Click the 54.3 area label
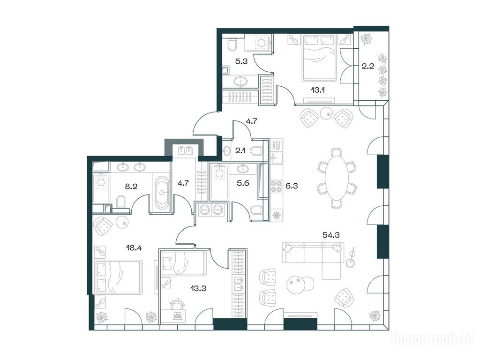click(x=331, y=235)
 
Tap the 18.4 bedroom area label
click(x=134, y=247)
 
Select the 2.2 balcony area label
click(x=367, y=66)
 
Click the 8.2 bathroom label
click(x=131, y=186)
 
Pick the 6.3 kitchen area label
click(x=292, y=186)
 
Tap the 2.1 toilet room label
click(x=241, y=150)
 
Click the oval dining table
click(x=337, y=178)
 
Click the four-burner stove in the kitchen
click(x=277, y=186)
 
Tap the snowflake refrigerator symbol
click(x=277, y=215)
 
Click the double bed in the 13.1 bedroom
click(x=319, y=58)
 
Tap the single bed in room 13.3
click(x=183, y=263)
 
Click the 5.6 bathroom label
click(x=243, y=183)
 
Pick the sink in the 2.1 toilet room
click(x=227, y=150)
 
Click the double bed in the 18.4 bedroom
click(x=119, y=277)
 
